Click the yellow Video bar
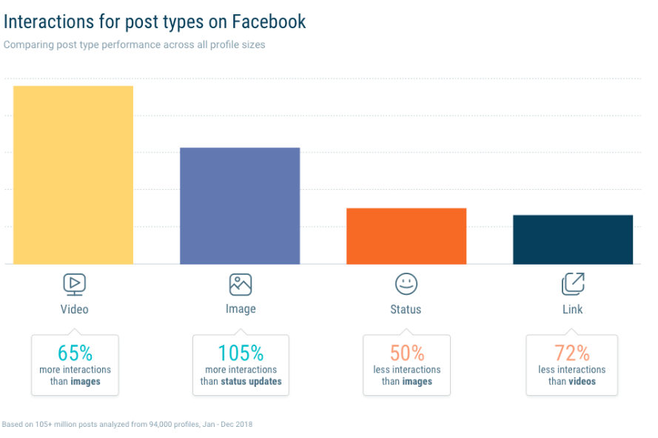click(73, 175)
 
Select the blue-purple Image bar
click(240, 205)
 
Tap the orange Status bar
click(406, 236)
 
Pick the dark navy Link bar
click(573, 239)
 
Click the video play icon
click(74, 284)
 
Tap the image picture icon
click(241, 285)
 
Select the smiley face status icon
click(406, 284)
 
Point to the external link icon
click(573, 284)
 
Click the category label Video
click(74, 309)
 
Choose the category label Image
click(241, 309)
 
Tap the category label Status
click(406, 309)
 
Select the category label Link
click(572, 309)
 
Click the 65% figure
click(75, 352)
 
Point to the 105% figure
click(241, 352)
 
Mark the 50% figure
click(406, 352)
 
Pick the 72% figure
click(572, 352)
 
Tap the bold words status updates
click(251, 382)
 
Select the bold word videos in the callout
click(582, 382)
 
